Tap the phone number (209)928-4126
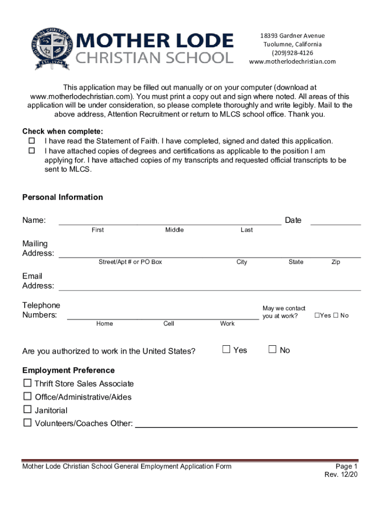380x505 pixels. [x=292, y=53]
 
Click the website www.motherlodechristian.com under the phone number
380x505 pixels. [x=292, y=62]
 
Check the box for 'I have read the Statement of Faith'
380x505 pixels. [x=32, y=142]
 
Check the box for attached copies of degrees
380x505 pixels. [x=32, y=151]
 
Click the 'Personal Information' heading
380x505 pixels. [x=63, y=197]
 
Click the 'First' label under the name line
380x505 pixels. [x=98, y=230]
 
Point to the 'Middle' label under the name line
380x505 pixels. [x=174, y=230]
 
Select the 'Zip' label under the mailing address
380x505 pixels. [x=336, y=262]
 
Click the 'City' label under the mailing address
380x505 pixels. [x=241, y=262]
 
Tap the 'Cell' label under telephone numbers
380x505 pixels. [x=169, y=324]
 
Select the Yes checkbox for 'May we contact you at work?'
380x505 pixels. [x=317, y=316]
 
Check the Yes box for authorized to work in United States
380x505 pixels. [x=227, y=350]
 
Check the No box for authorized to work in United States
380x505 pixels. [x=272, y=350]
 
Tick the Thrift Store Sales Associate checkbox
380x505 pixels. [x=27, y=383]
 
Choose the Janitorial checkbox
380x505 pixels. [x=27, y=410]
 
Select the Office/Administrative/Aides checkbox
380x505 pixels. [x=27, y=397]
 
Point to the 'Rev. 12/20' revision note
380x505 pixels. [x=341, y=475]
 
